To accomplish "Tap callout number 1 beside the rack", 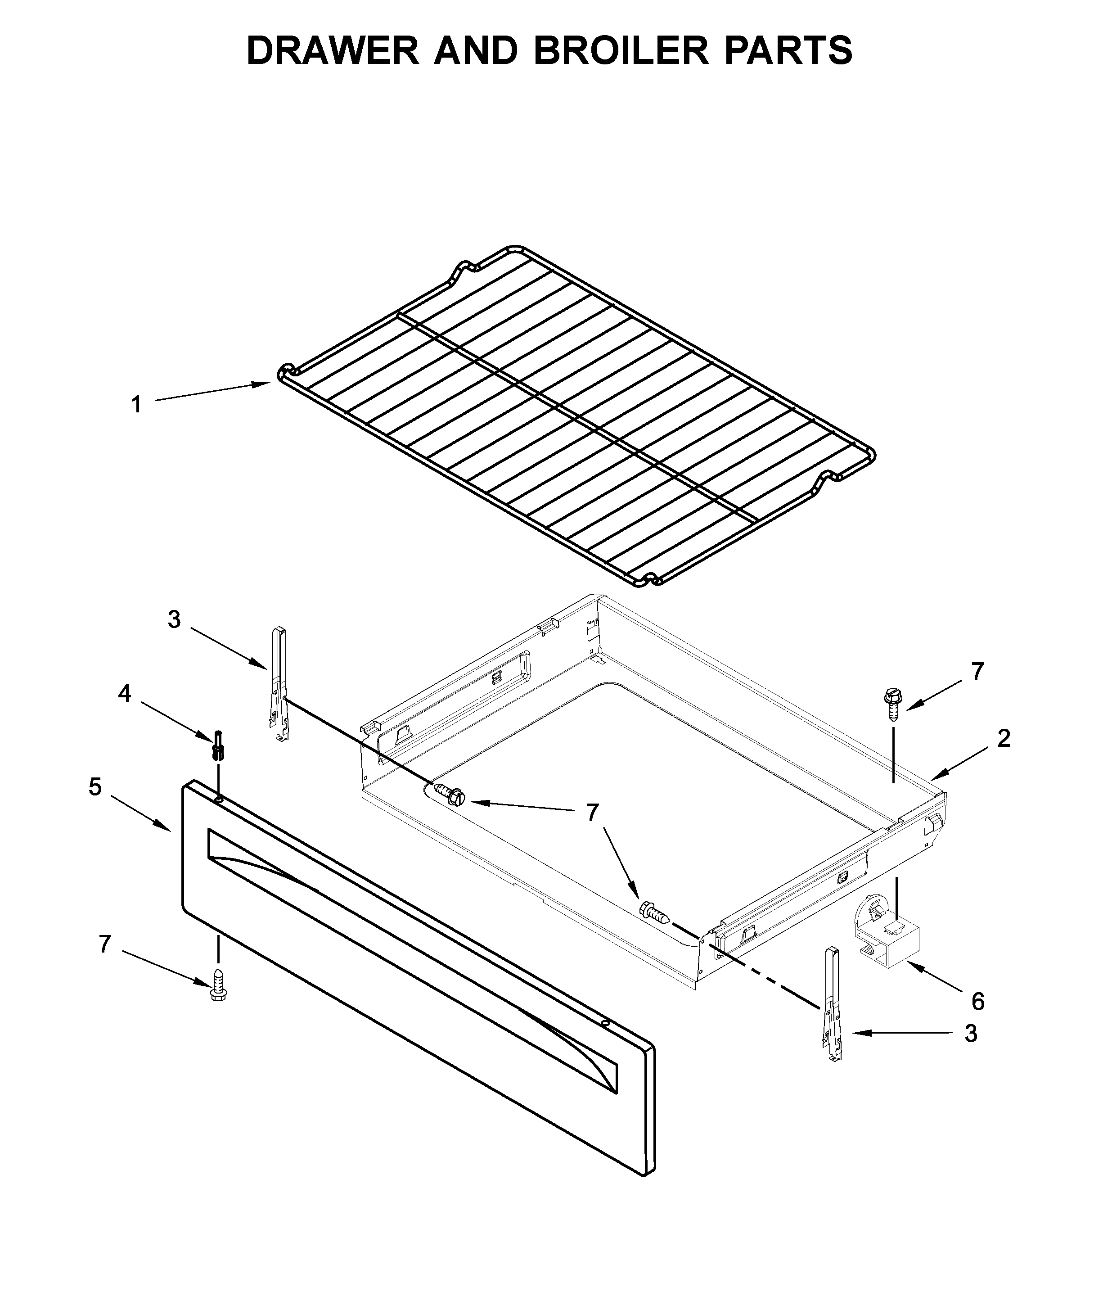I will (x=136, y=405).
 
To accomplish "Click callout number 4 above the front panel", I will (x=125, y=693).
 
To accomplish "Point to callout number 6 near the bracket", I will (x=978, y=1002).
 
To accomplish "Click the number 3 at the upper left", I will (x=174, y=619).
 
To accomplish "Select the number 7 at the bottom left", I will (x=105, y=944).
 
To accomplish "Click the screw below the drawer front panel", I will (x=218, y=985).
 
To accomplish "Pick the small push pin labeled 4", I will (x=218, y=745).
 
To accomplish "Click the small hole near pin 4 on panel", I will (x=219, y=799).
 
